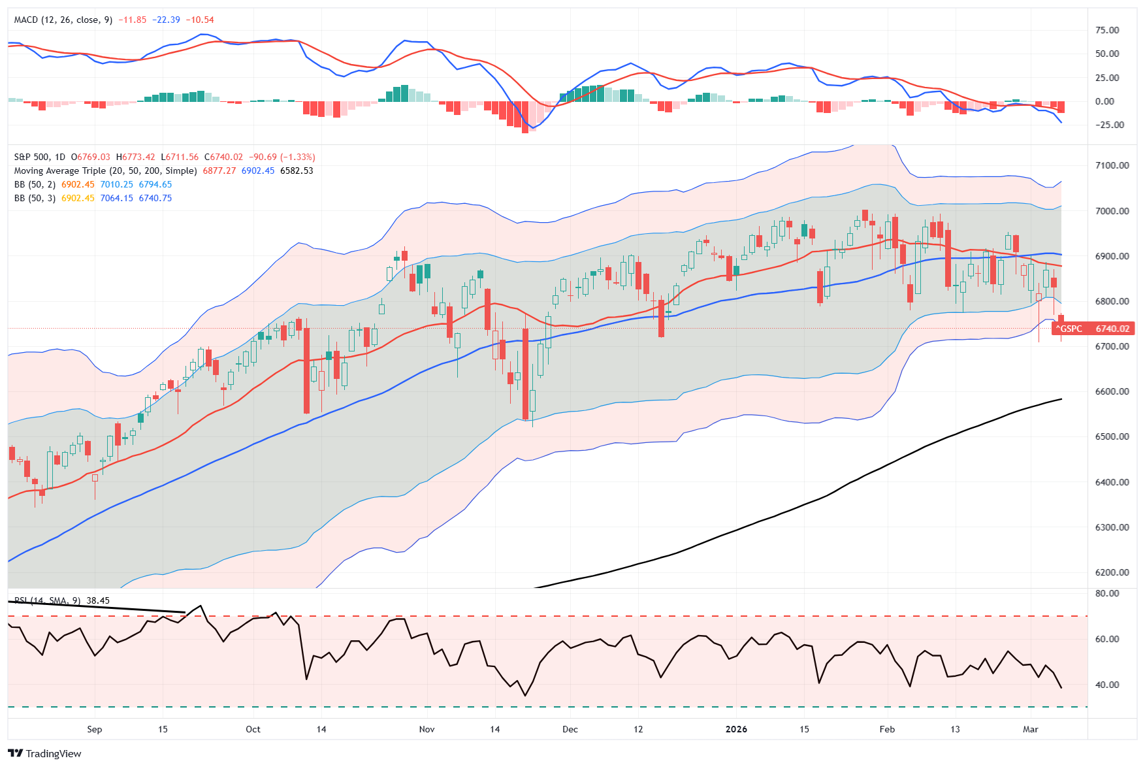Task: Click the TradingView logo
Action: pos(44,753)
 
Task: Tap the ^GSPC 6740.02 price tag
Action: pos(1093,329)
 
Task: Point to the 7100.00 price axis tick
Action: pos(1112,165)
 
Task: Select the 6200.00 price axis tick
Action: pos(1112,572)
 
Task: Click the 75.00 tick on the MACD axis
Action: pos(1107,30)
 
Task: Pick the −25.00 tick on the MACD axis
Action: pos(1109,125)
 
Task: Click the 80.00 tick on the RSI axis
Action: pos(1107,593)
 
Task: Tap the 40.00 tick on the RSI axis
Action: pos(1107,685)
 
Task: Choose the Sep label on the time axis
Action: pos(95,729)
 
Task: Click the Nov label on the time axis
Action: pos(427,729)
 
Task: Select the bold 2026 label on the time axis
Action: pos(736,729)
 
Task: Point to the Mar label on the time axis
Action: pos(1030,729)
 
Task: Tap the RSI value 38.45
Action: pos(98,600)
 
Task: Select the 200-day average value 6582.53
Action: pos(297,171)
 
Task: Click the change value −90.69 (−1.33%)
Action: pos(282,157)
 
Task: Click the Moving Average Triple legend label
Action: pos(105,171)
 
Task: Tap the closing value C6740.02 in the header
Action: pos(223,157)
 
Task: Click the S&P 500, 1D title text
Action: pos(40,157)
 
